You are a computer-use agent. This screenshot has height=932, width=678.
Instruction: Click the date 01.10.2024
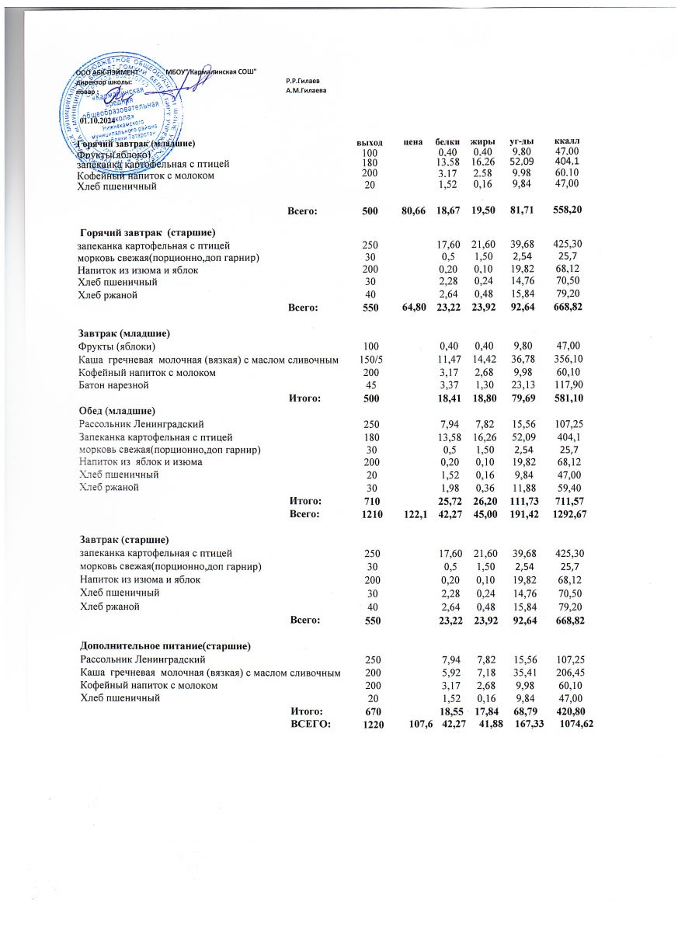[97, 122]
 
